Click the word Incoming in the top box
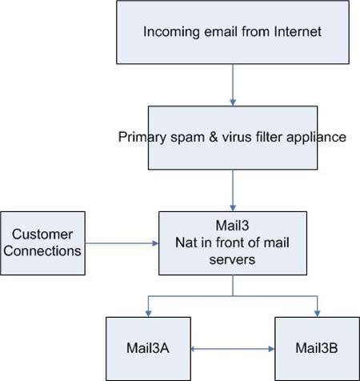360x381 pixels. point(171,32)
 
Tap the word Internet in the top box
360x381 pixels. point(298,31)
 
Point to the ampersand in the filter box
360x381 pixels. point(214,137)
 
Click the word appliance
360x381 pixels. point(316,138)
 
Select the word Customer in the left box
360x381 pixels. point(42,235)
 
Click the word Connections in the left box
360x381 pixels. point(42,251)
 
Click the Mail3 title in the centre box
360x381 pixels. point(232,226)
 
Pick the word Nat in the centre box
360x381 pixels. point(184,243)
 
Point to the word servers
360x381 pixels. point(232,259)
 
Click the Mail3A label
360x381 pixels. point(148,348)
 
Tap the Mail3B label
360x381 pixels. point(317,348)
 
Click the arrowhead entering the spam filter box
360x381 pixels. point(233,102)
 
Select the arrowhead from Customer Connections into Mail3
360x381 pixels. point(155,243)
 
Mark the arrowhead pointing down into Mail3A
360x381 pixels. point(148,314)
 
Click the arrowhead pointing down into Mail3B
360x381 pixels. point(318,314)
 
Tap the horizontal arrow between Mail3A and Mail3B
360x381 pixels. point(233,349)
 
